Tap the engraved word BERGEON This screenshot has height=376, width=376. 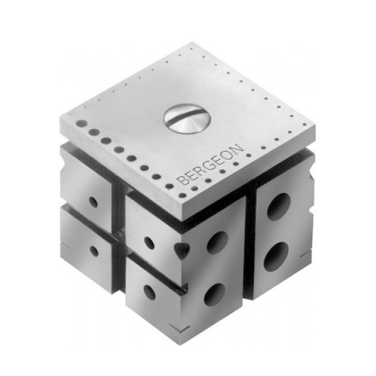click(x=211, y=164)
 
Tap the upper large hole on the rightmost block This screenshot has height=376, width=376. click(x=279, y=206)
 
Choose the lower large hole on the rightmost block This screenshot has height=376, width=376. click(x=274, y=257)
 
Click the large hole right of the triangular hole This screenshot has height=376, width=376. click(x=217, y=243)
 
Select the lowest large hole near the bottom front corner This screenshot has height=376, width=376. click(x=214, y=294)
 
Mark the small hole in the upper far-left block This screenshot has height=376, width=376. click(x=93, y=202)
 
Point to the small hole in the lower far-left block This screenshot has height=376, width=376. click(x=94, y=251)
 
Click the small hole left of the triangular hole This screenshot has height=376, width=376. click(x=149, y=243)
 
